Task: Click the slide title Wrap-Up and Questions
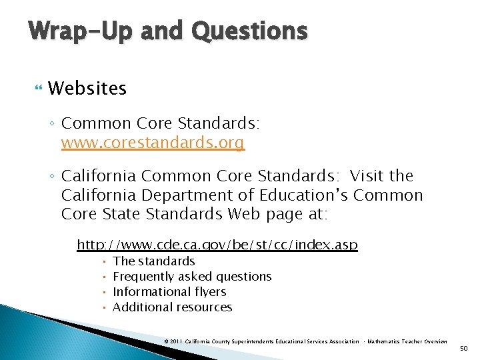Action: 168,31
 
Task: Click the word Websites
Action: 87,88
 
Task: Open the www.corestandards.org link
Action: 153,143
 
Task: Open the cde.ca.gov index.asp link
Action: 217,245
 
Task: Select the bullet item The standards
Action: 154,261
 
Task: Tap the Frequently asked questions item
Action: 192,277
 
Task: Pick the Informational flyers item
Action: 169,292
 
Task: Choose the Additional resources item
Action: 173,307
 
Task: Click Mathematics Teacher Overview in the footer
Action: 407,341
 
